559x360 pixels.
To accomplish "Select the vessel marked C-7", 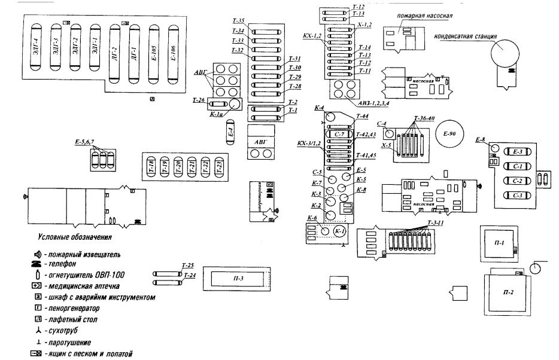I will pos(339,135).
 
